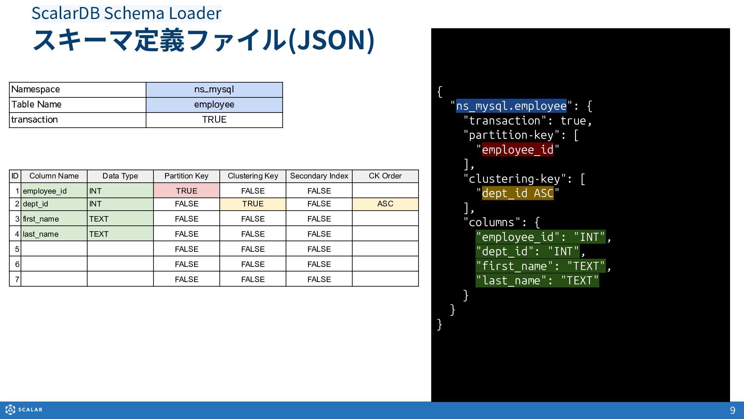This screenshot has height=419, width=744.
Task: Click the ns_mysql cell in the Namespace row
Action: pos(214,90)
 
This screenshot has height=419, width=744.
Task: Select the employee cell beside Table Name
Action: pos(214,105)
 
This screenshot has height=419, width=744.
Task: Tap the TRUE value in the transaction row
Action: pos(214,120)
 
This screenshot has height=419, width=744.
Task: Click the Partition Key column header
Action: pos(186,176)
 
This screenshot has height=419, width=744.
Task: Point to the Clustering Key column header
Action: pos(253,176)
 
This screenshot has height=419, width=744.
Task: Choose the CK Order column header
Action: pos(385,176)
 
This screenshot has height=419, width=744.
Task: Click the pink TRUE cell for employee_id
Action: pos(186,190)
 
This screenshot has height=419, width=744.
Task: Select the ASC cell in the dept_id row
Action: pos(385,204)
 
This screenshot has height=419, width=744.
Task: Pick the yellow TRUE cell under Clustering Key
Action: pos(253,204)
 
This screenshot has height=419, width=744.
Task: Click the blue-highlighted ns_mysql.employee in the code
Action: pos(511,106)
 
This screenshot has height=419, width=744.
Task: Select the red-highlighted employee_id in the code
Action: pos(518,150)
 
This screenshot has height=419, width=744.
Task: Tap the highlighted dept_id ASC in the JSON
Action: pos(518,193)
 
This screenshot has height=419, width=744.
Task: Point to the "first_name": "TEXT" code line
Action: pos(541,266)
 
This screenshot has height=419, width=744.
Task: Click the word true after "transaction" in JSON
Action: pos(573,121)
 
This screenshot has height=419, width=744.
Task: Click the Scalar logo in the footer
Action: pos(24,410)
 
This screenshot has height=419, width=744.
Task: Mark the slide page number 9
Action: pos(732,410)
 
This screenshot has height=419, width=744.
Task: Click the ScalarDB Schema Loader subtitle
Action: pos(126,13)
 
